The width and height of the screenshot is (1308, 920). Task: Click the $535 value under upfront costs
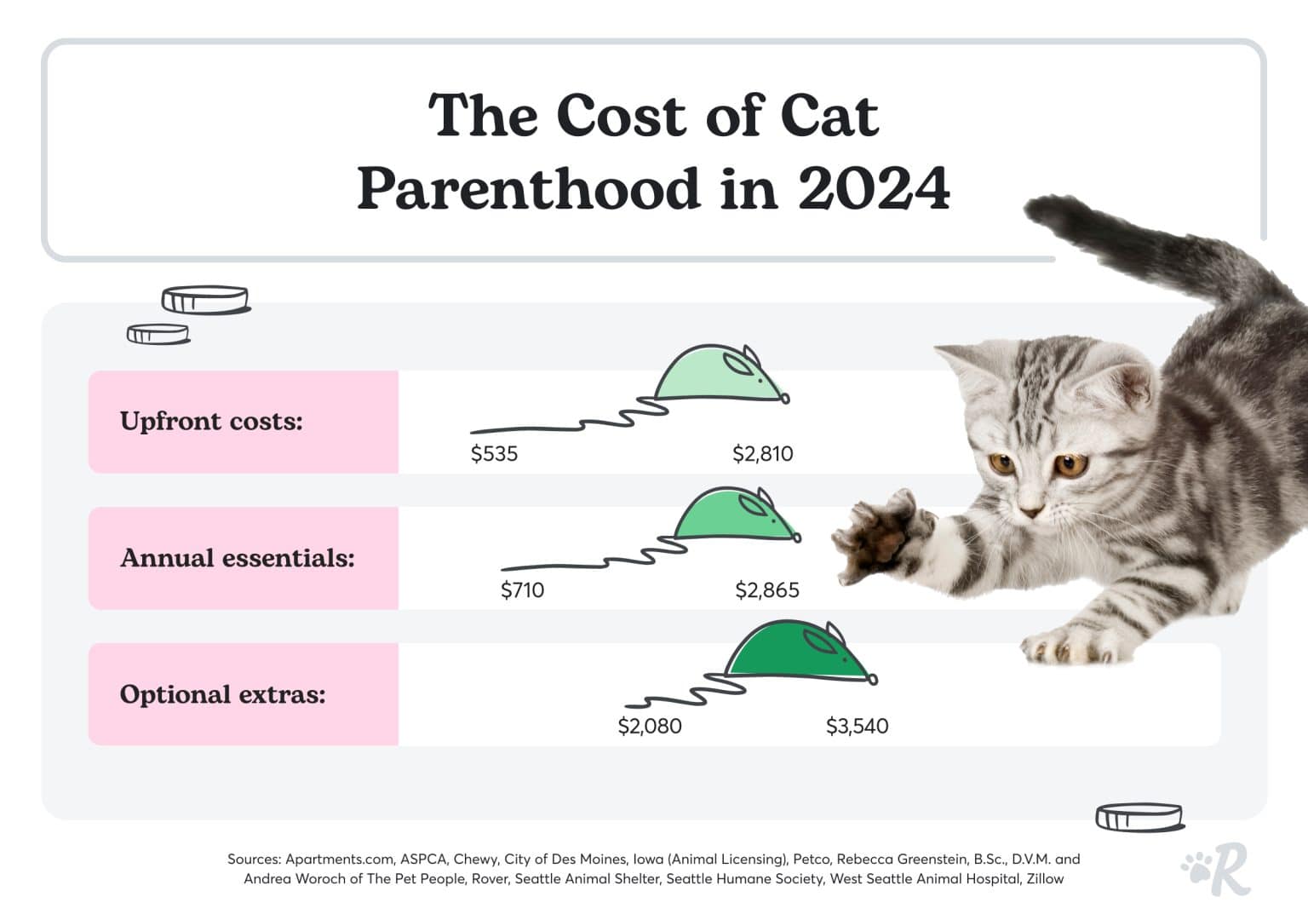(x=494, y=453)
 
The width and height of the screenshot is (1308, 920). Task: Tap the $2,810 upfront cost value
(x=762, y=453)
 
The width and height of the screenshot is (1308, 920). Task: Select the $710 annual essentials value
(x=522, y=589)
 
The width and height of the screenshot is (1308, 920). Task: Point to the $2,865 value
(x=766, y=589)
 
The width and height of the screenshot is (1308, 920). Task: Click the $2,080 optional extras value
(x=649, y=726)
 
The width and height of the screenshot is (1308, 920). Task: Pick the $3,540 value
(x=857, y=726)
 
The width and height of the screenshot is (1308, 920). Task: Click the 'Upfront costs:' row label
(x=211, y=421)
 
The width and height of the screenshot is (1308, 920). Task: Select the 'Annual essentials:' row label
(x=237, y=558)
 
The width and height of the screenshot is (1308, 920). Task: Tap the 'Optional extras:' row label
(x=222, y=694)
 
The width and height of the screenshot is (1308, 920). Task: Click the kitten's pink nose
(x=1031, y=510)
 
